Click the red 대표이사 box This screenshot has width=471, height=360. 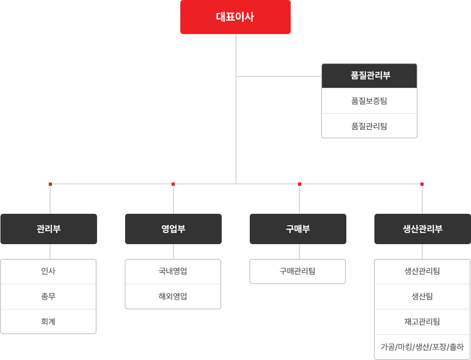coord(235,17)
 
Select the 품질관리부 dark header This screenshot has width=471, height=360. coord(369,76)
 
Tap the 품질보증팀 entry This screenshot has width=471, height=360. coord(369,101)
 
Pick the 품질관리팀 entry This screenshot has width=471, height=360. coord(369,126)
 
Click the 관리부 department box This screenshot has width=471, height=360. coord(49,229)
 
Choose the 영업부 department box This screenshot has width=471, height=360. coord(173,229)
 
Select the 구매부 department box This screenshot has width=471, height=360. coord(298,229)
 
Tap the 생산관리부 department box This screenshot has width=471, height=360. coord(423,229)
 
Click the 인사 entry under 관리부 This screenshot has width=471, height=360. coord(48,271)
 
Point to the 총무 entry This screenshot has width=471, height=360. coord(48,297)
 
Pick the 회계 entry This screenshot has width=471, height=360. coord(48,321)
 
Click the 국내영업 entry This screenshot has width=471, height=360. coord(173,271)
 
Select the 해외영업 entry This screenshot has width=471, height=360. coord(173,297)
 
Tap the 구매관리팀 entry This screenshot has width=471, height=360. coord(298,271)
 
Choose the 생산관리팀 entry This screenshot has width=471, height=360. coord(422,271)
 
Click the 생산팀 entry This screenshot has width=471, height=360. coord(422,297)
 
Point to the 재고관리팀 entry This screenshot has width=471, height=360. coord(422,322)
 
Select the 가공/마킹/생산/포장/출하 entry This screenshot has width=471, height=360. coord(422,347)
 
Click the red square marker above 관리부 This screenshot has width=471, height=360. coord(50,184)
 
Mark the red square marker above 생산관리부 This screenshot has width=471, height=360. coord(422,184)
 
